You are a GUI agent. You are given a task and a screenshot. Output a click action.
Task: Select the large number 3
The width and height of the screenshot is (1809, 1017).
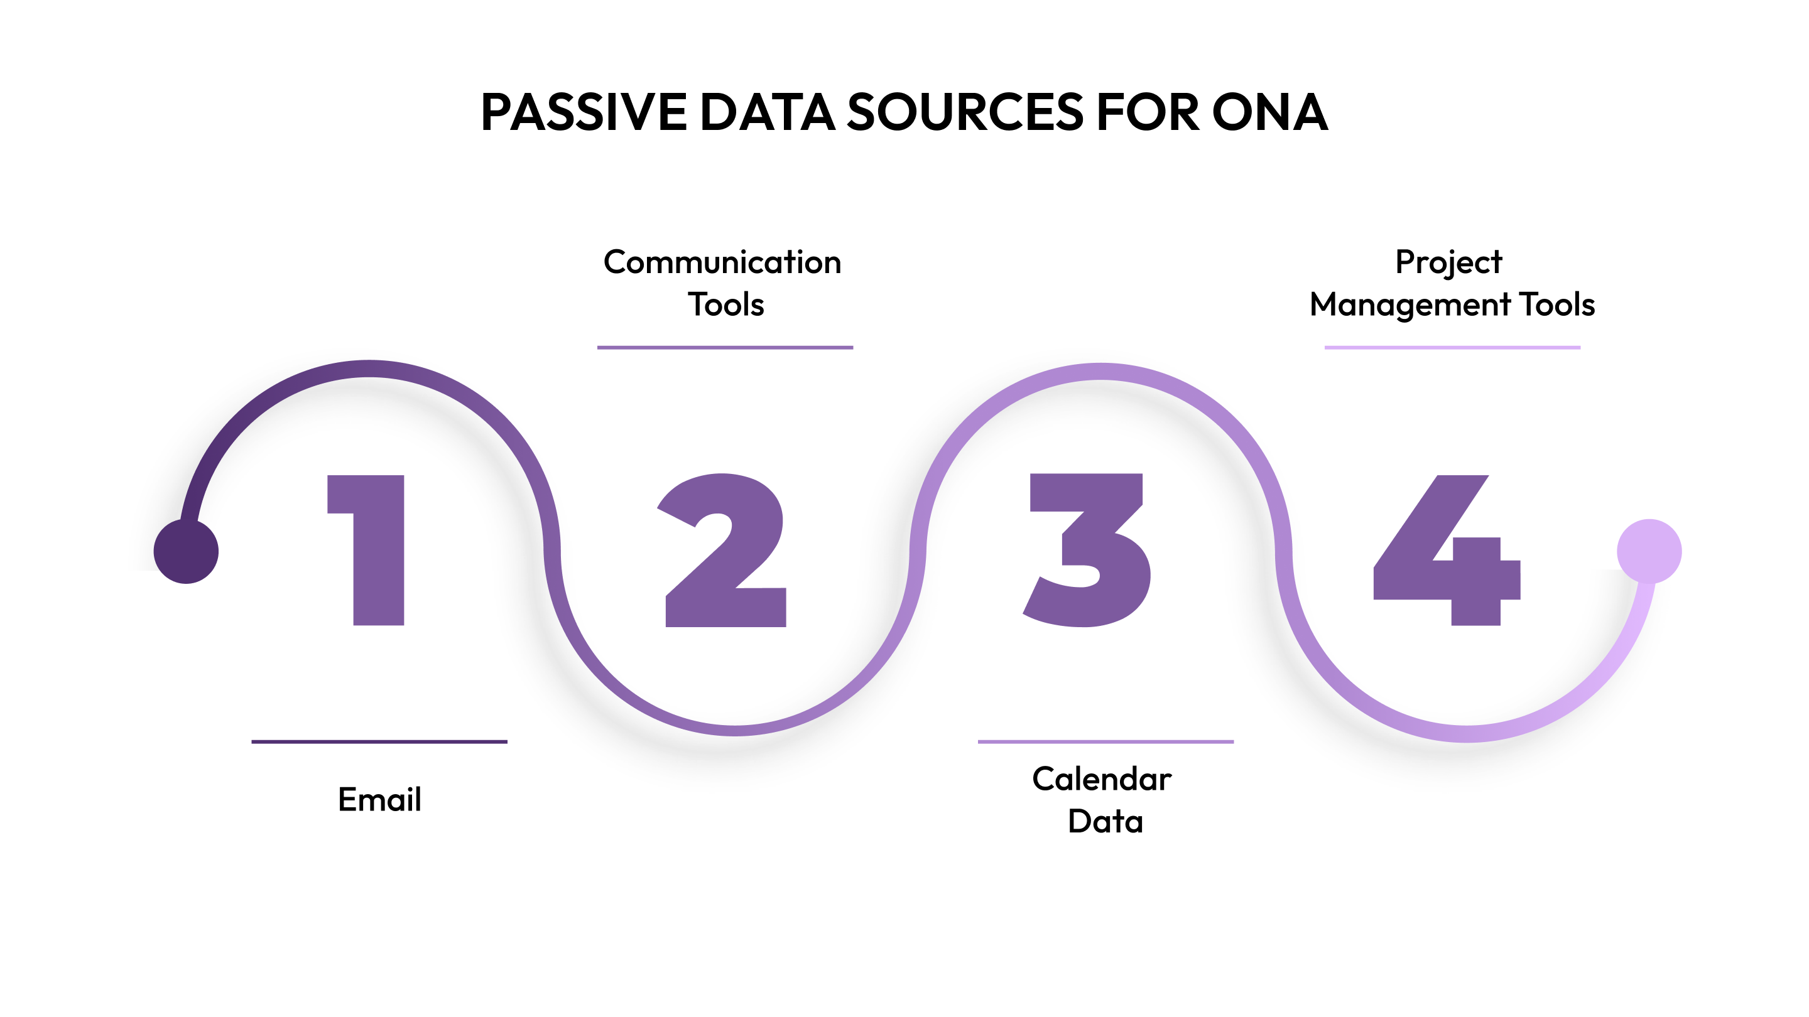1089,551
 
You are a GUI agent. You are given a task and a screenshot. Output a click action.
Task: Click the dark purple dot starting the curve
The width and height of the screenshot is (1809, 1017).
186,551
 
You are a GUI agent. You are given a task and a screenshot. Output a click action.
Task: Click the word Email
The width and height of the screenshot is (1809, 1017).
379,799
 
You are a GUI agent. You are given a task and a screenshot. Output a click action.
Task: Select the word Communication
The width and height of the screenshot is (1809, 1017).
722,262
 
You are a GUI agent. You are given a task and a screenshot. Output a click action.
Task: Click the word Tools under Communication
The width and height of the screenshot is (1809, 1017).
725,304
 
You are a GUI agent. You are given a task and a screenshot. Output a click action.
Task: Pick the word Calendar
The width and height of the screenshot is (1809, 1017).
1101,779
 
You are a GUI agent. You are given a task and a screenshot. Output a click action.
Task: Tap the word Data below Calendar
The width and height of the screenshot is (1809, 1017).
1105,821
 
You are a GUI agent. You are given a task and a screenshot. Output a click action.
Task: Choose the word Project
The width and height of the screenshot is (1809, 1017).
1448,262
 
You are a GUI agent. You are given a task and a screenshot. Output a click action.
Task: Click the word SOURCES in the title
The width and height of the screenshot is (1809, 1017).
965,112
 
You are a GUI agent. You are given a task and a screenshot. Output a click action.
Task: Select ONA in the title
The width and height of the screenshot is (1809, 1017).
1269,112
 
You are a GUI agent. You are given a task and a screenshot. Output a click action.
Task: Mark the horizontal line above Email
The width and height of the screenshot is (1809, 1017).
379,741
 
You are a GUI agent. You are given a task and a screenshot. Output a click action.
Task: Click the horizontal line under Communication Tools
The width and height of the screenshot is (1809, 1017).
725,347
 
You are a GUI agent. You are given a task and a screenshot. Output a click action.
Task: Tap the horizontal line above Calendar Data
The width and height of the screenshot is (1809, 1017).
1105,741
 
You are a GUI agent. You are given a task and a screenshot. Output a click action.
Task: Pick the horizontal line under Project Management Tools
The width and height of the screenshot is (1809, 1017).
1452,347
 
